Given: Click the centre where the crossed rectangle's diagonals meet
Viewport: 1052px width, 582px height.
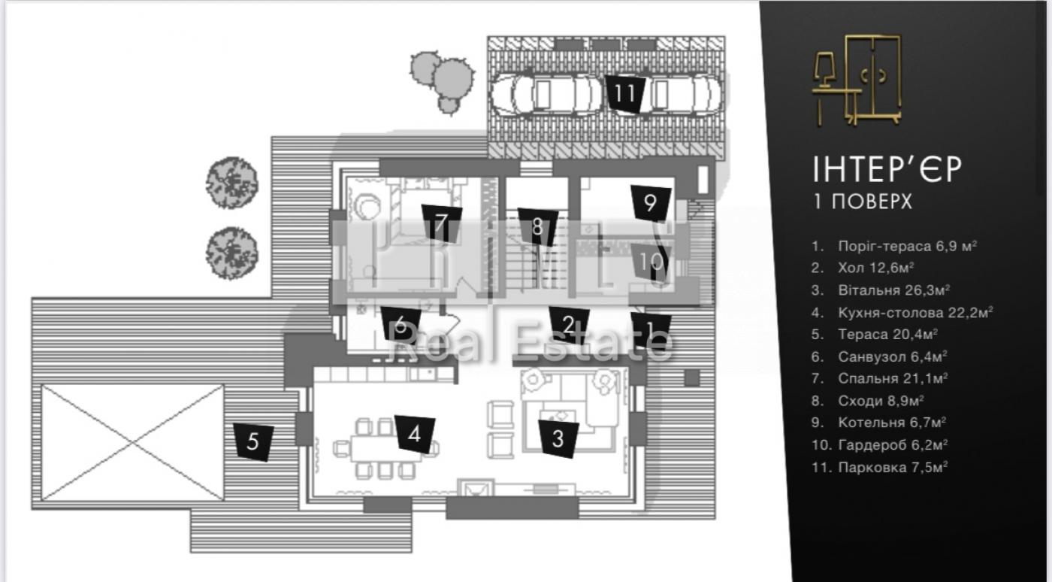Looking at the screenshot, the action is [132, 442].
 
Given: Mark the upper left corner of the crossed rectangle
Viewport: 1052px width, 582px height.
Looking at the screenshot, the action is [41, 385].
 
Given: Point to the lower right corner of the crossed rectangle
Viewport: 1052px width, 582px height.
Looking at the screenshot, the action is [224, 500].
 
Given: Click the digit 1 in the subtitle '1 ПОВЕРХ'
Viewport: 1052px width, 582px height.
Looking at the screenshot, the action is [818, 202].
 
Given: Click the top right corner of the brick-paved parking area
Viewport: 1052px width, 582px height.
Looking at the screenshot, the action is [724, 37].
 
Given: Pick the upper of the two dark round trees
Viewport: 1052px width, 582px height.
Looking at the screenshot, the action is [232, 183].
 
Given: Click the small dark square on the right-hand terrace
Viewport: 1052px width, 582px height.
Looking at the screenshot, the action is [691, 378].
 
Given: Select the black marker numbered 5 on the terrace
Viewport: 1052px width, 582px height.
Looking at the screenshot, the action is [253, 442].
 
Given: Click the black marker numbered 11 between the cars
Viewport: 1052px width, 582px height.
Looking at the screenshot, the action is [625, 94].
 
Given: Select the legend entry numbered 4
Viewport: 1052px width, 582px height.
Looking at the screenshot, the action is [902, 312].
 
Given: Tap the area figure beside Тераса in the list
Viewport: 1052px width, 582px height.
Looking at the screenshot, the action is [915, 335].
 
